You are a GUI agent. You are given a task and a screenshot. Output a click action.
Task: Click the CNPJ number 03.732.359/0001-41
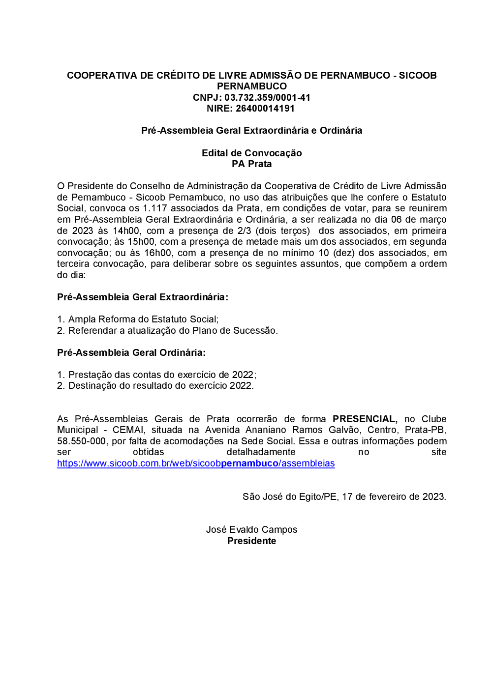[x=267, y=97]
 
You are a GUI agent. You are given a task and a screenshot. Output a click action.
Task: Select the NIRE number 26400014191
[x=265, y=108]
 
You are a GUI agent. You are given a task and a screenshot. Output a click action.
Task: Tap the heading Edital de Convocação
[x=251, y=153]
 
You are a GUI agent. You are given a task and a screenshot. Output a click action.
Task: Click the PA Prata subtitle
[x=251, y=164]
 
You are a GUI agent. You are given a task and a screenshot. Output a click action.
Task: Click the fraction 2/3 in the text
[x=244, y=231]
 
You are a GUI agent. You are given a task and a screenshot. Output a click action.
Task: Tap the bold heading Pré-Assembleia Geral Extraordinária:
[x=143, y=297]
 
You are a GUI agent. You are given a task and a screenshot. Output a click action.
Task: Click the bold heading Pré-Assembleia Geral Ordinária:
[x=131, y=352]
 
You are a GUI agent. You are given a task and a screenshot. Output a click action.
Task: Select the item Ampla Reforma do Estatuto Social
[x=143, y=319]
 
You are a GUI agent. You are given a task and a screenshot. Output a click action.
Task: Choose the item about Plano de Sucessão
[x=173, y=330]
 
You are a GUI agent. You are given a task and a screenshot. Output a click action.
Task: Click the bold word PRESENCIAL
[x=365, y=419]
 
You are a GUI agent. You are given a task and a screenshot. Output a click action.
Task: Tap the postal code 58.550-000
[x=81, y=441]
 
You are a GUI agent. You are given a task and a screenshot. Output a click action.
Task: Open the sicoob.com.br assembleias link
[x=196, y=463]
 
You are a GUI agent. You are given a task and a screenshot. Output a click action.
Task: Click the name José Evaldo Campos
[x=251, y=529]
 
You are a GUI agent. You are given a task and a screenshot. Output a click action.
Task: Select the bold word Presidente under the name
[x=251, y=541]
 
